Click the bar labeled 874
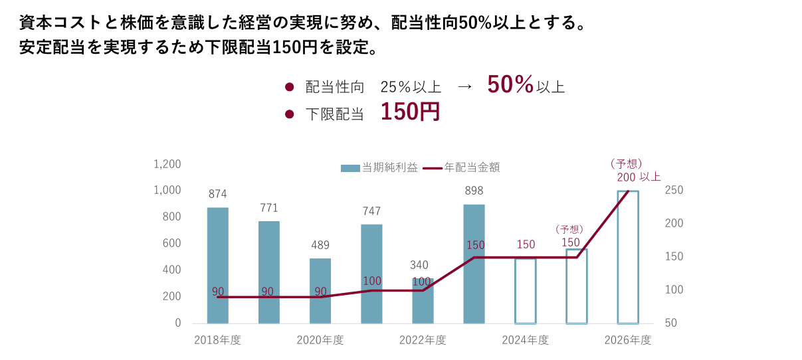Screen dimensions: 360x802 point(217,265)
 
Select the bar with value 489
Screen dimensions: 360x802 point(320,290)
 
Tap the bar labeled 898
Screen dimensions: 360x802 point(474,264)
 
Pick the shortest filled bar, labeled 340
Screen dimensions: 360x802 point(423,300)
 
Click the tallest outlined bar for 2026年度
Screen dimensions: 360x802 point(628,257)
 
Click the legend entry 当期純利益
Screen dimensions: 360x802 point(379,167)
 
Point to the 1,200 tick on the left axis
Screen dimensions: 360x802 point(167,164)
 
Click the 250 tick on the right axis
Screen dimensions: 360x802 point(674,191)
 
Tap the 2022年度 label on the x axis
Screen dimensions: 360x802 point(423,340)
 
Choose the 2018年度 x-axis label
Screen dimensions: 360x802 point(217,340)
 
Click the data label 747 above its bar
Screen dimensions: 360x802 point(371,211)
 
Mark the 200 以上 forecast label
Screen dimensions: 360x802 point(639,177)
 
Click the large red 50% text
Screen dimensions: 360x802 point(510,84)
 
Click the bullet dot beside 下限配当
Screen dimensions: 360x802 point(289,114)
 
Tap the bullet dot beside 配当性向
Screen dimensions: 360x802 point(289,87)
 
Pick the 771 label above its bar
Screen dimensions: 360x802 point(268,208)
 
